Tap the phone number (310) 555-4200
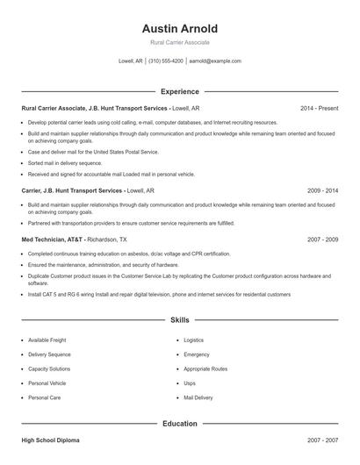pos(166,61)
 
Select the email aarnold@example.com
pos(215,61)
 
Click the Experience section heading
pos(180,91)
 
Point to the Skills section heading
pos(180,321)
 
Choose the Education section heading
pos(180,424)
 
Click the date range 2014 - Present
pos(320,108)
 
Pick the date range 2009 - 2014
pos(322,190)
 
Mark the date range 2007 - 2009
pos(322,239)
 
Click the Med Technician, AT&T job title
pos(53,239)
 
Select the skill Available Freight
pos(47,340)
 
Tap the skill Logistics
pos(193,340)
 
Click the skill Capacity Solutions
pos(49,368)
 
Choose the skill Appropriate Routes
pos(205,368)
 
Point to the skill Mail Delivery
pos(198,397)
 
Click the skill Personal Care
pos(44,397)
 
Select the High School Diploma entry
pos(52,440)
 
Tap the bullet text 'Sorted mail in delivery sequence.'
pos(65,162)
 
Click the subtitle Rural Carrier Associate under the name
pos(180,42)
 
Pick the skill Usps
pos(190,383)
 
